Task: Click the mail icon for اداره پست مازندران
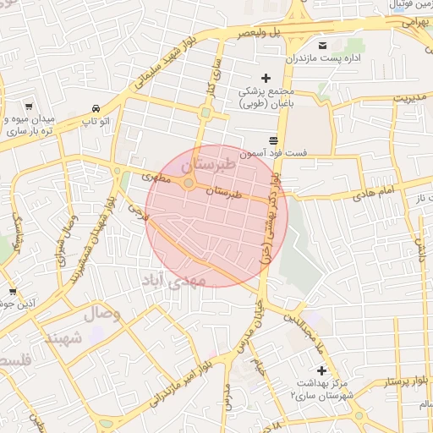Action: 321,45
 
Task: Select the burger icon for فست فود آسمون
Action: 272,140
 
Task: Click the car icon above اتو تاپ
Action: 96,109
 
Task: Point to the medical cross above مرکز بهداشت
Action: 321,370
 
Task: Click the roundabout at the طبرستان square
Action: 189,183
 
